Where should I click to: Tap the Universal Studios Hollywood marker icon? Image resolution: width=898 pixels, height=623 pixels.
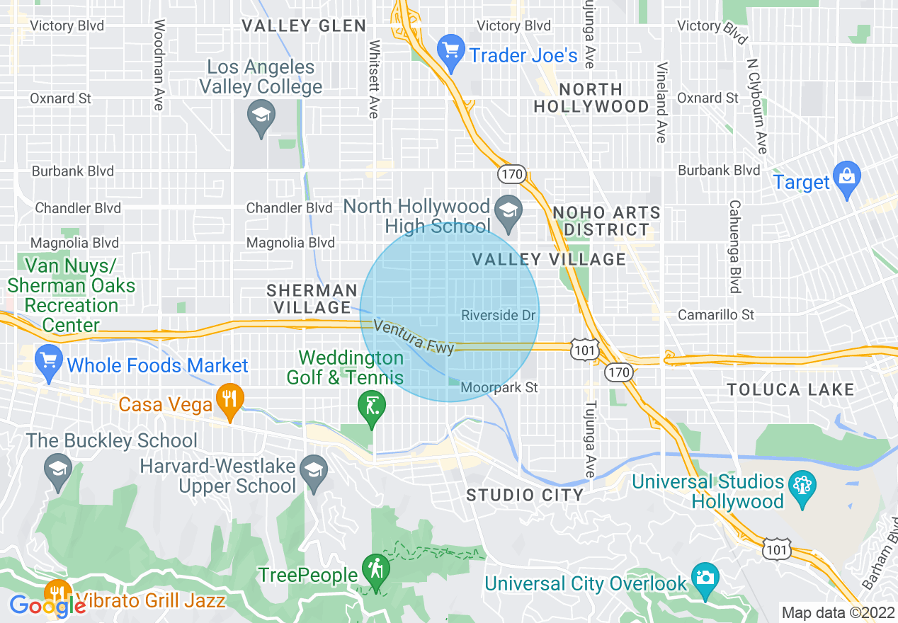802,488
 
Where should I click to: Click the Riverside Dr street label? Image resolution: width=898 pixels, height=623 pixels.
498,315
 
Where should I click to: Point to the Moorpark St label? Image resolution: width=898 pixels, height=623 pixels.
499,387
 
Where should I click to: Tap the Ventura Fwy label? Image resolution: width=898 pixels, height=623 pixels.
414,337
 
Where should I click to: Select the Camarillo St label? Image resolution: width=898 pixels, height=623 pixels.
716,314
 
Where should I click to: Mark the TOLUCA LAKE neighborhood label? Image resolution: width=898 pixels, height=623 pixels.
791,389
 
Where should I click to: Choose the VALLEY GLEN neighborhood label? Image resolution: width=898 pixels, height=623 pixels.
304,26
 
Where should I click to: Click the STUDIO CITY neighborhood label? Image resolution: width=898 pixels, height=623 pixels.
525,495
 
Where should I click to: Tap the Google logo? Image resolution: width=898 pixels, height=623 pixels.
47,606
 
